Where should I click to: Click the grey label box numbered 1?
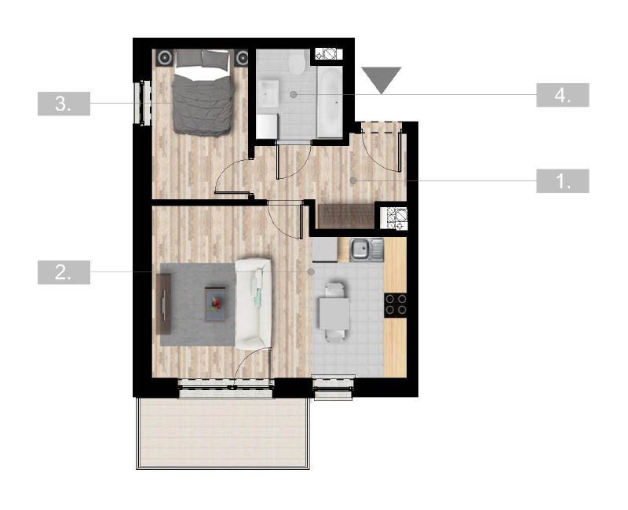click(x=562, y=181)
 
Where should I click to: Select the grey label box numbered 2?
click(x=64, y=272)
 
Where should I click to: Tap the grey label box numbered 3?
click(x=64, y=104)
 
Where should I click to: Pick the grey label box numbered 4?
click(x=562, y=95)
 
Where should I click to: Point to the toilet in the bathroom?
click(x=297, y=62)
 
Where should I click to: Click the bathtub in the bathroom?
click(x=330, y=102)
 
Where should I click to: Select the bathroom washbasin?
click(x=268, y=93)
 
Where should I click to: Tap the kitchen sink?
click(x=367, y=250)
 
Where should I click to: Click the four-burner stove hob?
click(x=396, y=305)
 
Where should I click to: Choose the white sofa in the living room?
click(x=253, y=304)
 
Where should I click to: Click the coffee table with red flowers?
click(x=215, y=304)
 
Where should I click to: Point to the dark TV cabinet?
click(x=164, y=304)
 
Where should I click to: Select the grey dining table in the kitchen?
click(x=334, y=313)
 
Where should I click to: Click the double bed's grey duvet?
click(x=203, y=105)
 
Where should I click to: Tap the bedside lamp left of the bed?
click(x=164, y=58)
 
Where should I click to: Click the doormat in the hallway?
click(x=346, y=217)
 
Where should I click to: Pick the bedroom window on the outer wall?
click(x=144, y=103)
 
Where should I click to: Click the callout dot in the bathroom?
click(x=294, y=94)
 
